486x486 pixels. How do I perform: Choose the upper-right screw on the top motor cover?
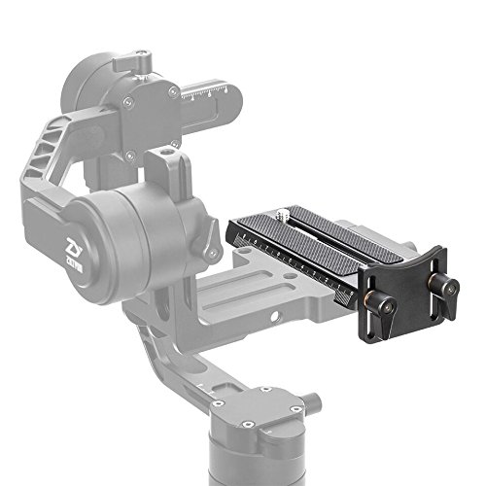[x=173, y=92]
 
